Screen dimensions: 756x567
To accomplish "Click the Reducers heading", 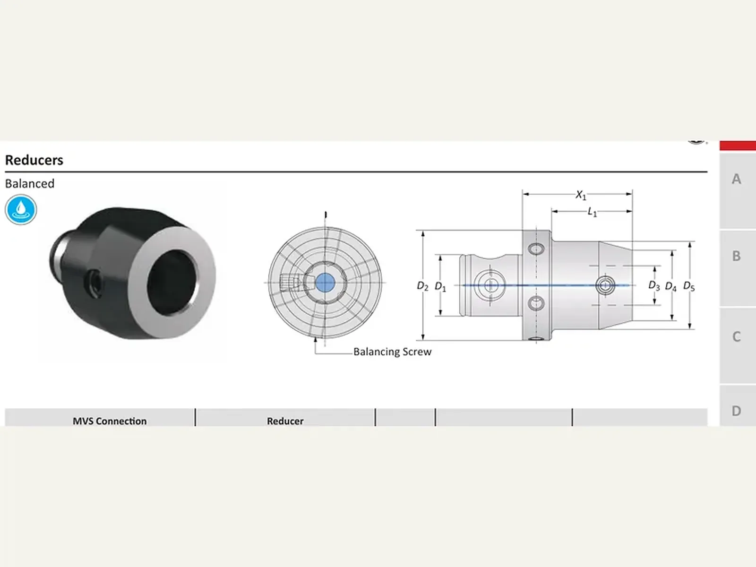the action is coord(34,160).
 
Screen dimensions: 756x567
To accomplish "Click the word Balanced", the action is coord(30,183).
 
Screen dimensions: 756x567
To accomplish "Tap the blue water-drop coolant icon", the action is coord(21,209).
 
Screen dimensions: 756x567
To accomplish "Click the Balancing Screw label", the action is coord(392,352).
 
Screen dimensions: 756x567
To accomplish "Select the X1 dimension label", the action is coord(581,195).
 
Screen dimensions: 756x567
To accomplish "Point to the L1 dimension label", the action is coord(592,212).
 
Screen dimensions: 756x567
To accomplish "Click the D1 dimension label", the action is coord(440,286).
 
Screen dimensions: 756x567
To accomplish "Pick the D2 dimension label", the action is coord(422,286).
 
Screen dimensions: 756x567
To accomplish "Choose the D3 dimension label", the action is coord(654,285).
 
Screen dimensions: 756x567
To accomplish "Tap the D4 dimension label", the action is coord(670,286).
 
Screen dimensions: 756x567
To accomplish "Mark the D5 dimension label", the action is coord(689,286).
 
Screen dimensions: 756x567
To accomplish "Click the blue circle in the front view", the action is coord(325,283).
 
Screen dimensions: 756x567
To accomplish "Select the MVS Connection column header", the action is coord(110,421).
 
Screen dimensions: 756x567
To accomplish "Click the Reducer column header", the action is coord(285,421).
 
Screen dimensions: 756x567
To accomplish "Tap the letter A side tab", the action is coord(736,179).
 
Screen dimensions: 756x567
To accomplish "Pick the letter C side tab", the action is coord(736,337).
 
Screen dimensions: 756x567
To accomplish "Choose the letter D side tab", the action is coord(736,411).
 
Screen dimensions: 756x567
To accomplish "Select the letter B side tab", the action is coord(736,256).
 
